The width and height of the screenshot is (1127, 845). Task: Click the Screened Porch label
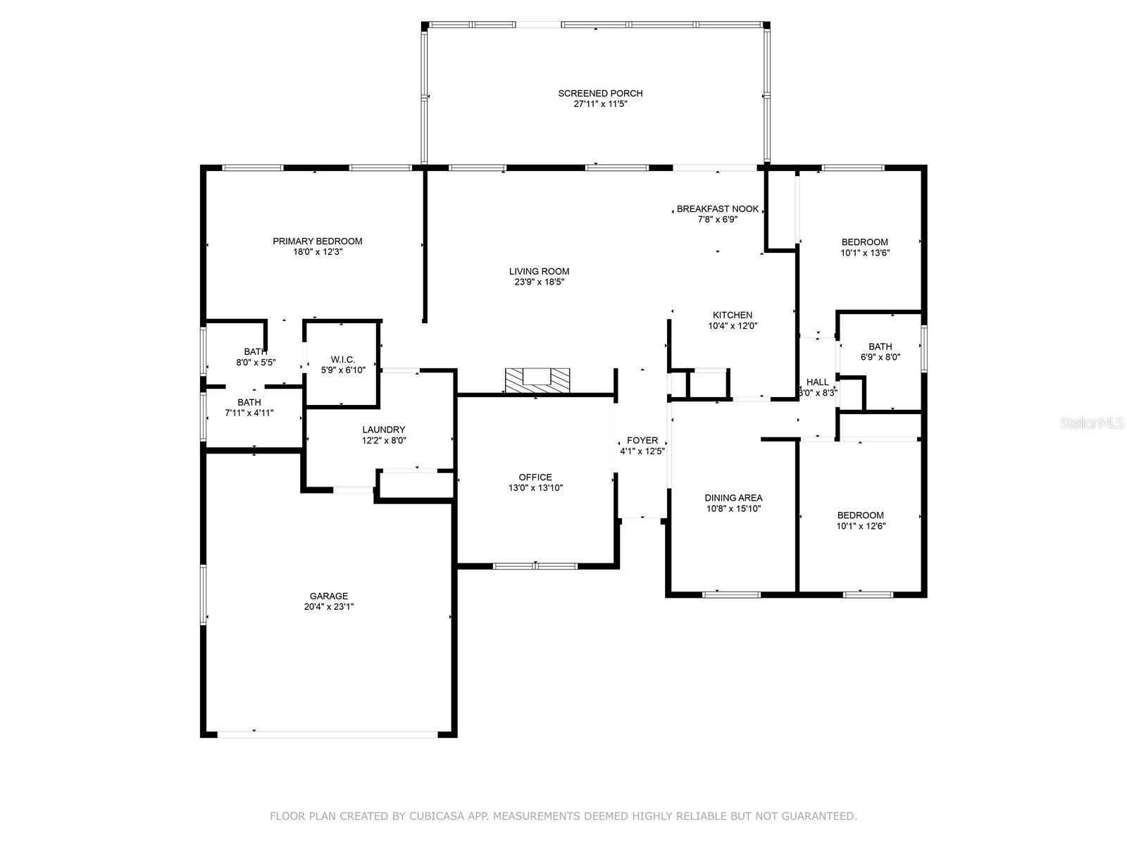(x=600, y=93)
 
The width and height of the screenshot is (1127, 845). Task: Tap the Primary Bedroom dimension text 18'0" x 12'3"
(x=318, y=251)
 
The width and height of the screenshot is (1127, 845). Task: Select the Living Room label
(x=539, y=271)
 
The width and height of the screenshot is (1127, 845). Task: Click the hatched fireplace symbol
(x=537, y=380)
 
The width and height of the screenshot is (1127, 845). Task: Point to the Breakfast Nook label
(x=717, y=208)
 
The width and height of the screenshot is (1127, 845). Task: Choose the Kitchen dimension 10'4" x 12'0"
(x=733, y=326)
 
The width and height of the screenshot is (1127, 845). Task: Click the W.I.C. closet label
(x=343, y=359)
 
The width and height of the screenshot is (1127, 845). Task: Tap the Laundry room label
(x=383, y=430)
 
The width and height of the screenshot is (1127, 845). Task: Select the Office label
(x=535, y=477)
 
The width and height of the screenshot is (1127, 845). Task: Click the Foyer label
(x=642, y=440)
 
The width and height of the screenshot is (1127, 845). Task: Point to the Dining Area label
(x=733, y=497)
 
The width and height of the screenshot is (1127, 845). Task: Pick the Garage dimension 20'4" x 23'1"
(x=328, y=606)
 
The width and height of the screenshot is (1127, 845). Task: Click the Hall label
(x=817, y=382)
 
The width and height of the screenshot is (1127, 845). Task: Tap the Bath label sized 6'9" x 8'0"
(x=880, y=346)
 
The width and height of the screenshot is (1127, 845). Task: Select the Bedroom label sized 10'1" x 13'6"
(x=864, y=242)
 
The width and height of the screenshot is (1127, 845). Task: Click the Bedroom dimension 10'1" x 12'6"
(x=860, y=525)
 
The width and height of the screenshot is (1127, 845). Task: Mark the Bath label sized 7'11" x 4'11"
(x=249, y=402)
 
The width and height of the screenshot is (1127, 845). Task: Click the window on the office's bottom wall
(x=535, y=565)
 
